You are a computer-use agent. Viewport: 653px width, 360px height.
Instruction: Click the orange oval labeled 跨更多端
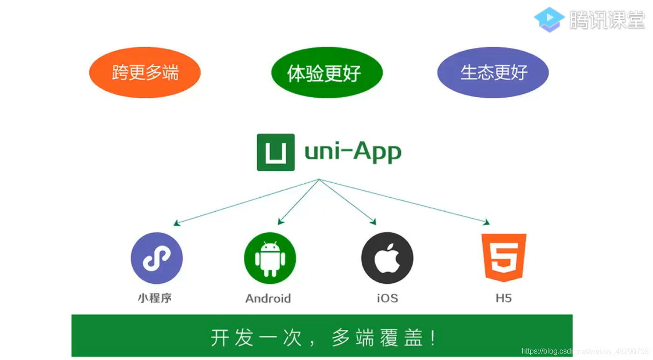[145, 73]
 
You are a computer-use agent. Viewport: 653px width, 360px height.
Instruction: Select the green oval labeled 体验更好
[327, 73]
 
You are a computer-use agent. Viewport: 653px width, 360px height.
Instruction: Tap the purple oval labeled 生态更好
[493, 73]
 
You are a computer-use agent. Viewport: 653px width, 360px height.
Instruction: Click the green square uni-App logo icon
[276, 152]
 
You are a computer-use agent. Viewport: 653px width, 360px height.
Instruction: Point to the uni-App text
[353, 153]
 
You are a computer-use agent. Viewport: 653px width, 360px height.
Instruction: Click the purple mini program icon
[156, 258]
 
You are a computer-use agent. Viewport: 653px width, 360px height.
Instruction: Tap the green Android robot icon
[270, 258]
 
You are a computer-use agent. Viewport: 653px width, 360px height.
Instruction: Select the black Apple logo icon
[387, 258]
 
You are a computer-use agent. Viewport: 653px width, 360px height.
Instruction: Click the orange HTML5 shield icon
[504, 258]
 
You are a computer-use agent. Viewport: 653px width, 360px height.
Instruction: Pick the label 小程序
[155, 298]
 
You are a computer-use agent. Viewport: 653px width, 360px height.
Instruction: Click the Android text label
[268, 299]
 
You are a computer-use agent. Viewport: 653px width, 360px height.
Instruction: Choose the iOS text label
[387, 299]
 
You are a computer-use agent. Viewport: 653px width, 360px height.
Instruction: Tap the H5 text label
[504, 299]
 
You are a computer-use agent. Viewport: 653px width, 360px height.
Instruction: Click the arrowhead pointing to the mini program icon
[176, 224]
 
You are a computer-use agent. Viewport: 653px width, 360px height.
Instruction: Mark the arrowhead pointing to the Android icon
[280, 222]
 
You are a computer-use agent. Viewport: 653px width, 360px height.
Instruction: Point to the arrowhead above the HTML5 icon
[487, 222]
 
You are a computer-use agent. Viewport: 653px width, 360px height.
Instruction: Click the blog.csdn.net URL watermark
[585, 351]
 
